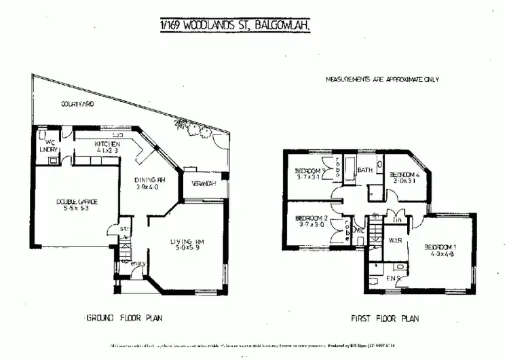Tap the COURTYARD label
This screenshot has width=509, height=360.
pyautogui.click(x=77, y=105)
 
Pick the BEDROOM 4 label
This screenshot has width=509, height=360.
pyautogui.click(x=405, y=175)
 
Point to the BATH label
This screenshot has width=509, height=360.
pyautogui.click(x=365, y=170)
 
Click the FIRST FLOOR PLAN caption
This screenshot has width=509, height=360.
pyautogui.click(x=385, y=317)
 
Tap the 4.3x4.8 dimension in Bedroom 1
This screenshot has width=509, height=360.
pyautogui.click(x=441, y=255)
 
